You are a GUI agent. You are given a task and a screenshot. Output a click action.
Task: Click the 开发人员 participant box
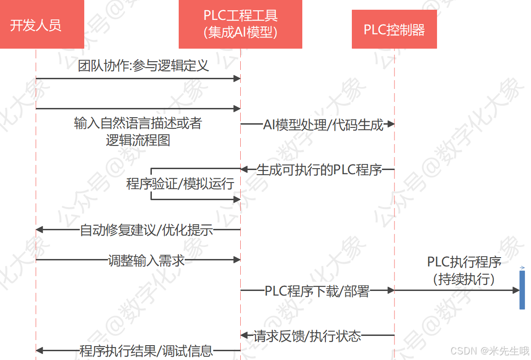point(36,25)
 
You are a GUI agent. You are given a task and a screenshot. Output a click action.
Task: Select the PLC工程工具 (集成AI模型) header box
point(240,25)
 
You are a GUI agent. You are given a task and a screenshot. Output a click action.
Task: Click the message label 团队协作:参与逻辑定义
point(144,66)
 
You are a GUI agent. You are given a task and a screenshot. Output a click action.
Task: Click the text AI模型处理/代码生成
point(323,125)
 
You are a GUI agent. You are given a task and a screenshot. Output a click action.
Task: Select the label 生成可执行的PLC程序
point(319,170)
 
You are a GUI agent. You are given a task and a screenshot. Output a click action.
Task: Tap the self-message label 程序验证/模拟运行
point(180,184)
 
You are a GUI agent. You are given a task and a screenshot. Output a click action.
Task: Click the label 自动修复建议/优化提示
point(146,230)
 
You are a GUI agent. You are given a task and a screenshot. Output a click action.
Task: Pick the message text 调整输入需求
point(146,260)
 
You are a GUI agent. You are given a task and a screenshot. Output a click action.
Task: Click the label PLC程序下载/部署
point(317,291)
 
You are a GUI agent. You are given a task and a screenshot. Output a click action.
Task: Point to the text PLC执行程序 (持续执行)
point(464,271)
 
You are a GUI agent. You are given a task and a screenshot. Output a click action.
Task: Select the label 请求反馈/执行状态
point(307,335)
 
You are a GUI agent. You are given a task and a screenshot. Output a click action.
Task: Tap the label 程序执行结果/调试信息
point(146,351)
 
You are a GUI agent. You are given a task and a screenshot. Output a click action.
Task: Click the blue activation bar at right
point(522,290)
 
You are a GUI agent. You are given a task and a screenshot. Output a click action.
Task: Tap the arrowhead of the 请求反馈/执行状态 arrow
point(244,335)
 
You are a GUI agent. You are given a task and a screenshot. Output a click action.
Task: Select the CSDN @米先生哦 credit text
point(489,351)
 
